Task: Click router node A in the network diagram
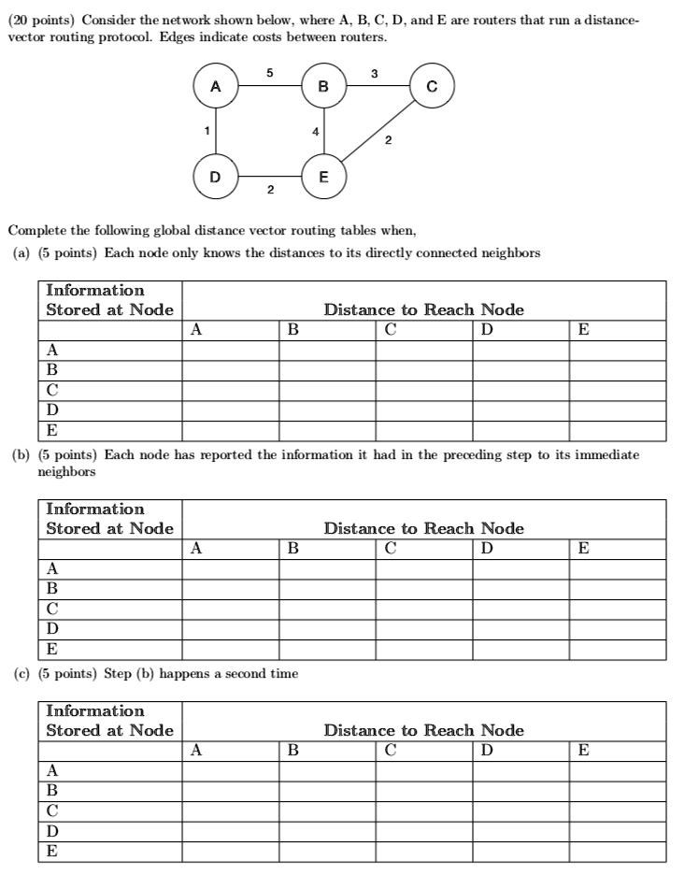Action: [x=216, y=87]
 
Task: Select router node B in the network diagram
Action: [x=323, y=87]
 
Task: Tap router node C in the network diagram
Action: [x=430, y=87]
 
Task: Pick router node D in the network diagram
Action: [x=216, y=175]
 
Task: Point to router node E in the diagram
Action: [x=323, y=175]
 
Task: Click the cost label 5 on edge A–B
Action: [x=269, y=72]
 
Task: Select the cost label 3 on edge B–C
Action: [x=375, y=72]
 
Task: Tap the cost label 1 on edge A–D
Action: [x=205, y=131]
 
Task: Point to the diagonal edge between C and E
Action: [x=378, y=132]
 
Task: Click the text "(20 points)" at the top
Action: [x=38, y=21]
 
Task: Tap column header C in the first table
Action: [x=390, y=329]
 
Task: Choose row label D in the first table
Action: [x=52, y=410]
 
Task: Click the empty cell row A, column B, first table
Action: [x=326, y=350]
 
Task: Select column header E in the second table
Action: [x=583, y=549]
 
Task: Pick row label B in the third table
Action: [x=52, y=791]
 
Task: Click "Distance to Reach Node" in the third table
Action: [x=423, y=730]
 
